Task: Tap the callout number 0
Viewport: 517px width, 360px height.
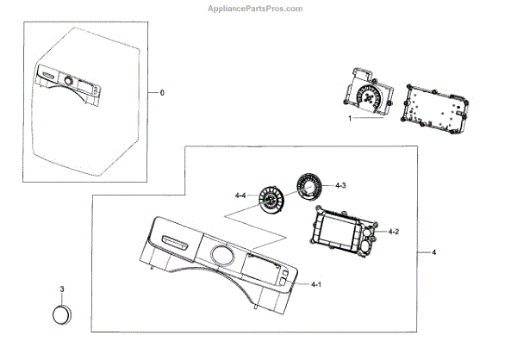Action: coord(162,91)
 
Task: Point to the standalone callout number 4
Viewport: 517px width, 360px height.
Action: coord(433,252)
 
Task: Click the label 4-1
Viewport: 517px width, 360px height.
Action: coord(316,284)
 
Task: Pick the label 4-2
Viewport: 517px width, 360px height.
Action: coord(393,231)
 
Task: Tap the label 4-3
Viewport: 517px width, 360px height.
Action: coord(341,185)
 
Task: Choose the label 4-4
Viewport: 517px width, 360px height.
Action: coord(240,197)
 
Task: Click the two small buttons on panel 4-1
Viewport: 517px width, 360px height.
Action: coord(283,277)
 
